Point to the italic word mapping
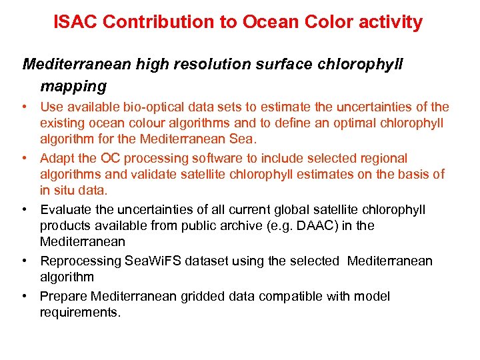click(x=73, y=86)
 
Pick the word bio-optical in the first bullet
click(x=160, y=107)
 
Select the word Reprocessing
click(x=81, y=261)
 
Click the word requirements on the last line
click(x=80, y=312)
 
